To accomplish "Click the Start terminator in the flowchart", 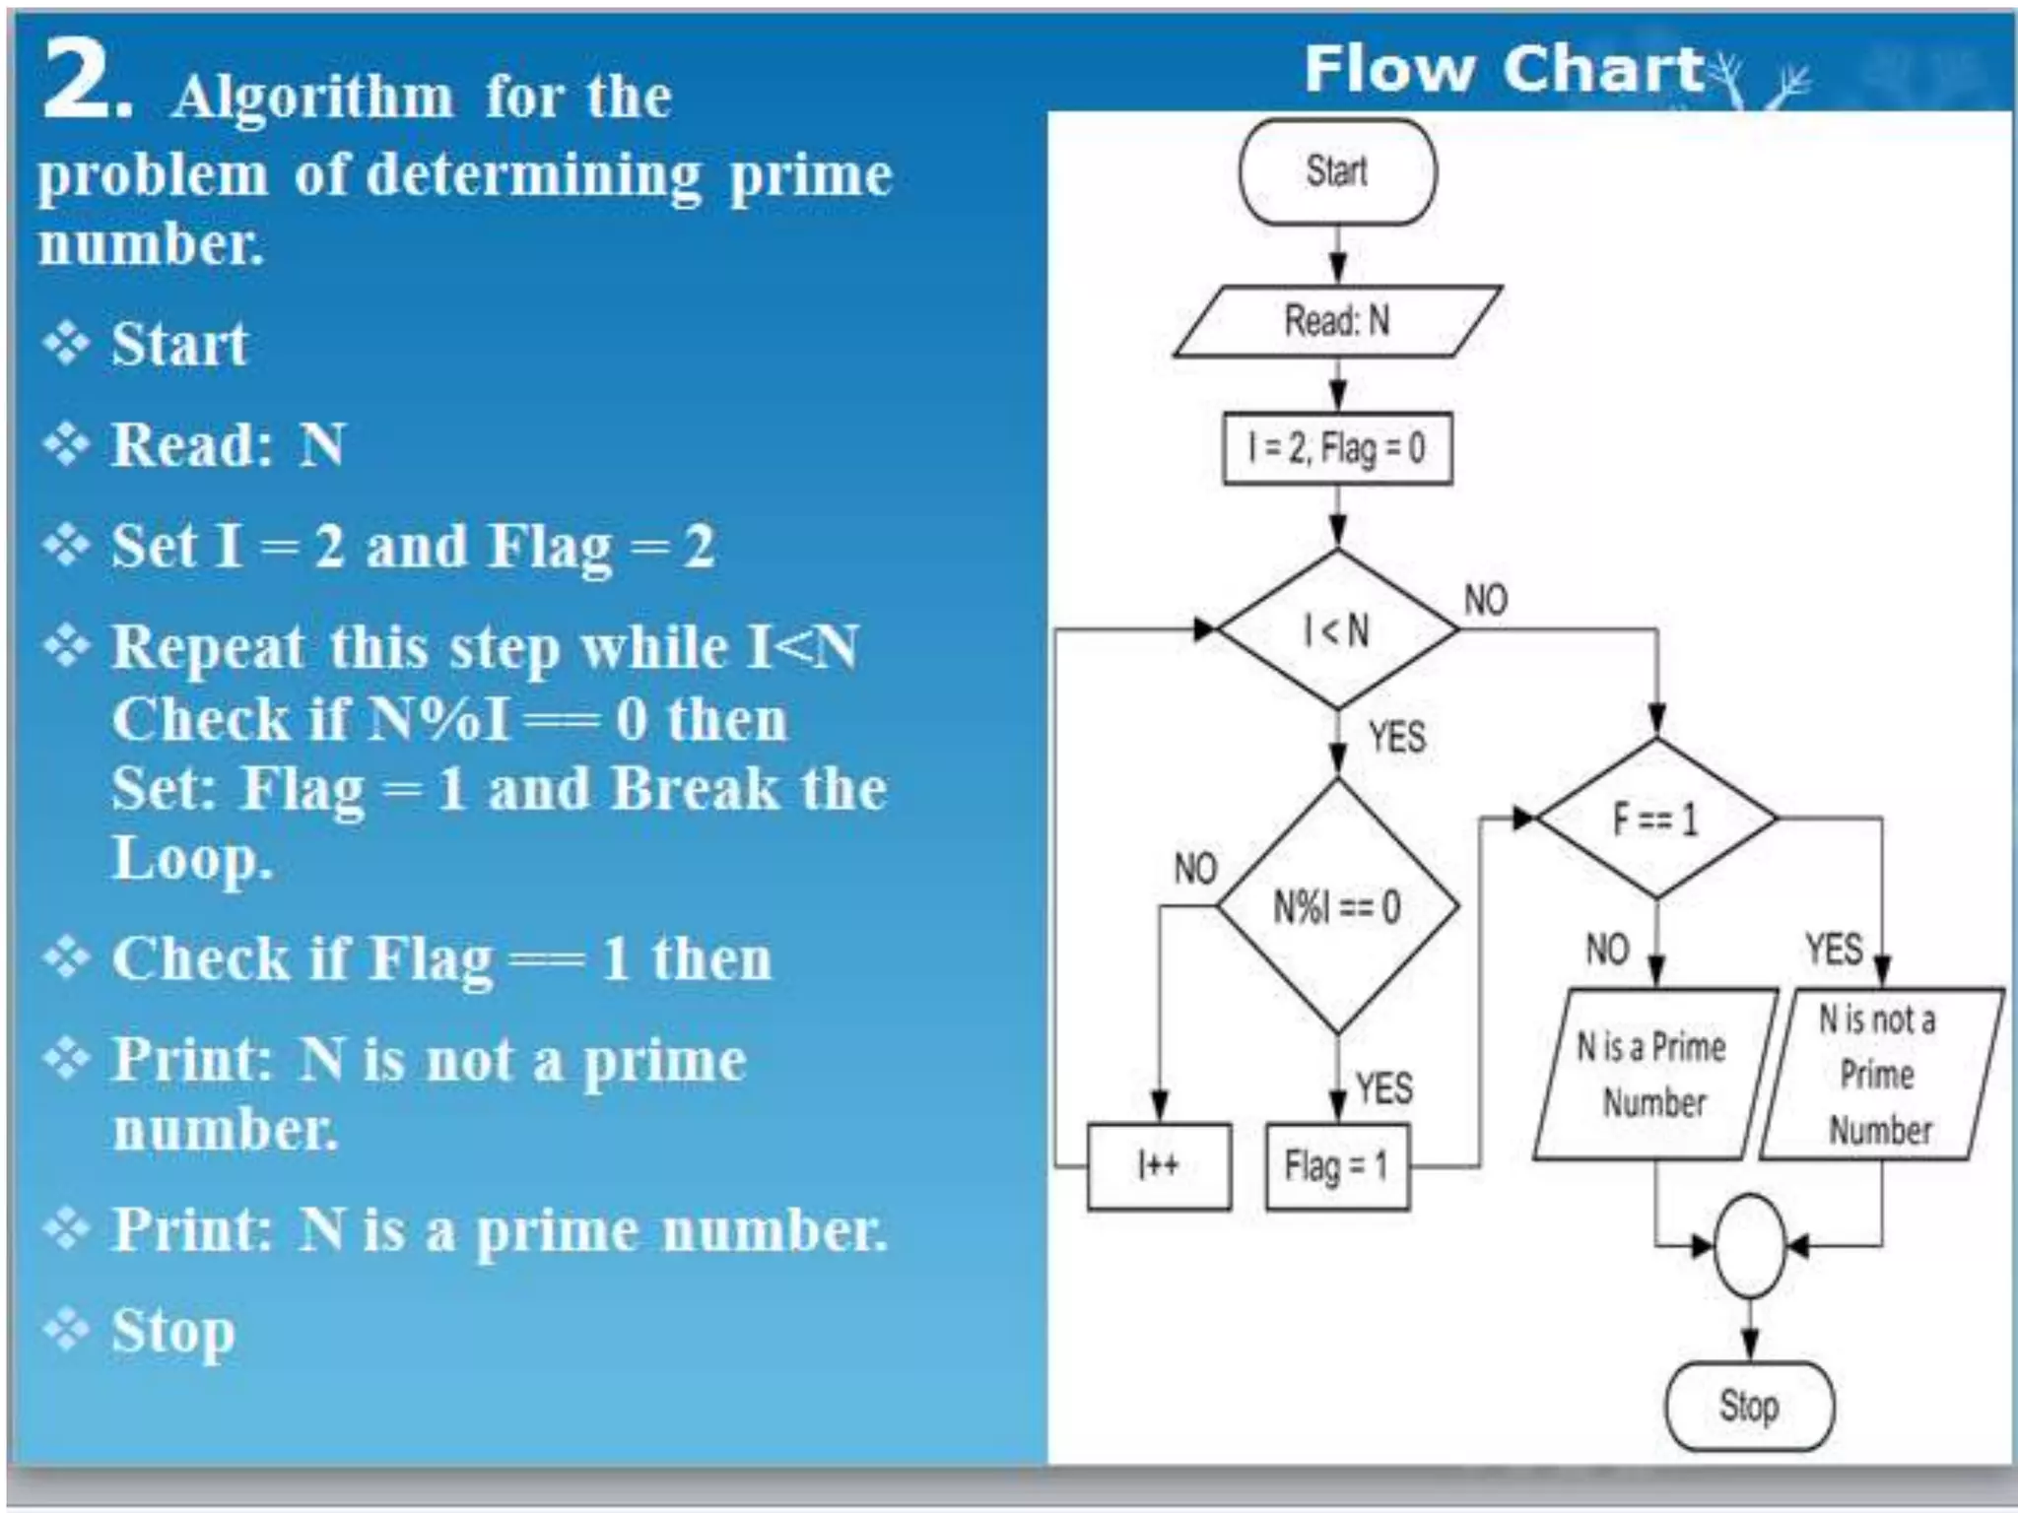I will (1337, 171).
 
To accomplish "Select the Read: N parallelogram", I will (1337, 320).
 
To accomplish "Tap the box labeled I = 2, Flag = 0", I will (1337, 448).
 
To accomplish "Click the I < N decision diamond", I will (1337, 629).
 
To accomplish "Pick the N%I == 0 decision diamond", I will (1337, 906).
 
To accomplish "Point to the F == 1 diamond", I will (1656, 819).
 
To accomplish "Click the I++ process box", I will (1159, 1166).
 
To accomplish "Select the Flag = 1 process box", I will (1337, 1166).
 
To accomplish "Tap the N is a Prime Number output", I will (1653, 1074).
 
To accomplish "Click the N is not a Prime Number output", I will (1880, 1074).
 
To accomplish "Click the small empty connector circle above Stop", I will (1749, 1246).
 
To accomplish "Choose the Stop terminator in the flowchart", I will (1749, 1406).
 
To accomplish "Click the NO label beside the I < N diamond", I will (1486, 599).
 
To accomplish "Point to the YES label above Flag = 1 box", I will (1384, 1088).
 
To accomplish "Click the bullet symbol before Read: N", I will (67, 444).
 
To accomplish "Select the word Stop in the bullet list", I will (173, 1332).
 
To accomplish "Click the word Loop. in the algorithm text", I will (191, 858).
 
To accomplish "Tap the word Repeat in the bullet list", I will (208, 649).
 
